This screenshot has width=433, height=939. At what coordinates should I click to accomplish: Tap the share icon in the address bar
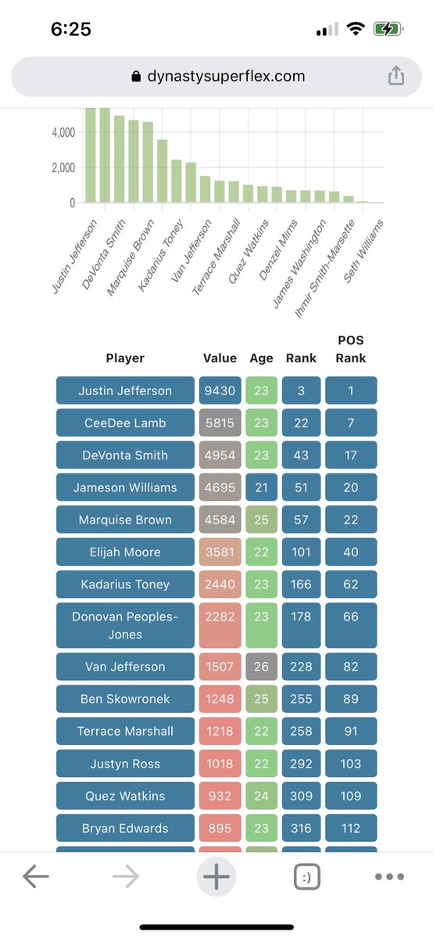click(x=396, y=76)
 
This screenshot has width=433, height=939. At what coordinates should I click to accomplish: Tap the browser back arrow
click(x=36, y=877)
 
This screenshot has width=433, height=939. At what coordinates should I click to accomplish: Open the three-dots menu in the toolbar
click(x=389, y=877)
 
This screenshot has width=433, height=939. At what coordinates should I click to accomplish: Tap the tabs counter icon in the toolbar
click(x=307, y=877)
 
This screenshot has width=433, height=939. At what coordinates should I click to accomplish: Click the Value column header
click(x=220, y=358)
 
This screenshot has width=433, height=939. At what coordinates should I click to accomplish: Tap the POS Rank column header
click(x=351, y=349)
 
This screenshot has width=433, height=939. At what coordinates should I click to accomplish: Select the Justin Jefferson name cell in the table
click(x=125, y=390)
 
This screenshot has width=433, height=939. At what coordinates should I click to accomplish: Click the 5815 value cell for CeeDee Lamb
click(x=220, y=423)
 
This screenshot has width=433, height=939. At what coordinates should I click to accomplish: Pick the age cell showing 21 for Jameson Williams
click(x=261, y=487)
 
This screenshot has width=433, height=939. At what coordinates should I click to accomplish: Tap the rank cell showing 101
click(x=301, y=552)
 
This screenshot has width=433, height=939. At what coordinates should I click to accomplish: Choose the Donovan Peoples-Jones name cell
click(x=125, y=625)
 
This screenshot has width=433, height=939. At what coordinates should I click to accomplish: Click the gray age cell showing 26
click(x=261, y=667)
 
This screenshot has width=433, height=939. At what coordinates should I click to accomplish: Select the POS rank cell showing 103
click(x=351, y=764)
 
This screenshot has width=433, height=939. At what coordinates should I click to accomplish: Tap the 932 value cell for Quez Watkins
click(x=220, y=796)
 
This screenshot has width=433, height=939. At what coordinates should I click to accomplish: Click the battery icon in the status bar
click(x=388, y=30)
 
